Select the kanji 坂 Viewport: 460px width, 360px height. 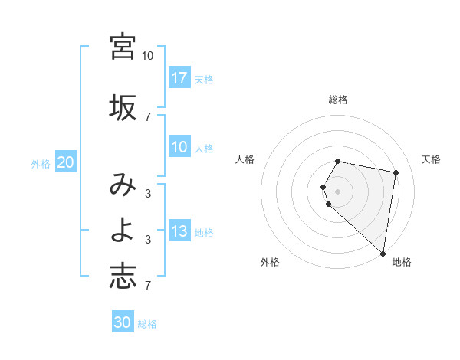[x=123, y=107]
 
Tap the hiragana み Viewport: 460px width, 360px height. [x=123, y=185]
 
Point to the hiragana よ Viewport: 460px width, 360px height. [x=123, y=231]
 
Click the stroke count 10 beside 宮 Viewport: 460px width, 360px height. [x=147, y=56]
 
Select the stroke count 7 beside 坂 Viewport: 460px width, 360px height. [x=147, y=116]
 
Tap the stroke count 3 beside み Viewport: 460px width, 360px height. [x=147, y=193]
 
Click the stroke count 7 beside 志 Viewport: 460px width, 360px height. [x=147, y=286]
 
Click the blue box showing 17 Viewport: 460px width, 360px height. [x=179, y=77]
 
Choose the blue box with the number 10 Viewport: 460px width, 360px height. [x=179, y=147]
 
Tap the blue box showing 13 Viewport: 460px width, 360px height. [x=179, y=231]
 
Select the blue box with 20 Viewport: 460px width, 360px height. [x=65, y=162]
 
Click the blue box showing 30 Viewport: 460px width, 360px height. [x=123, y=322]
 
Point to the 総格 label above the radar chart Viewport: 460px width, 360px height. [x=338, y=100]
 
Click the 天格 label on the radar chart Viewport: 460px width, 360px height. [x=431, y=159]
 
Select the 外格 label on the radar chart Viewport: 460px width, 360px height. [x=270, y=262]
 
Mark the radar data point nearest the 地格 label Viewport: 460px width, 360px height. [x=383, y=253]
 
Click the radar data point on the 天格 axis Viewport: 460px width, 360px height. [x=396, y=172]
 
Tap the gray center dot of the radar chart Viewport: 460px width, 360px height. [x=338, y=191]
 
